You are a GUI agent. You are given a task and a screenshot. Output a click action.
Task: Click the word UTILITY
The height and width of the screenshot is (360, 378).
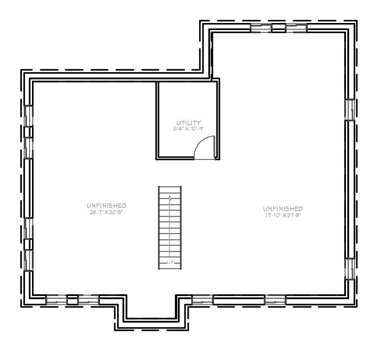pos(188,123)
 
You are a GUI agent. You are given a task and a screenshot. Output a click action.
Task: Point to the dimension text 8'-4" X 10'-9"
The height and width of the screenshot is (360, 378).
pos(188,129)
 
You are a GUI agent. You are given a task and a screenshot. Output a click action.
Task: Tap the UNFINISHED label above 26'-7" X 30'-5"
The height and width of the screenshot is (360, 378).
pos(106,206)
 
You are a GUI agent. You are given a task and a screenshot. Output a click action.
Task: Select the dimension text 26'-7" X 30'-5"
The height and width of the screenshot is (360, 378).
pos(106,212)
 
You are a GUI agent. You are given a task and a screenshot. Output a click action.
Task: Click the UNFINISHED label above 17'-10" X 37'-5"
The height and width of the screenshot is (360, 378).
pos(283,208)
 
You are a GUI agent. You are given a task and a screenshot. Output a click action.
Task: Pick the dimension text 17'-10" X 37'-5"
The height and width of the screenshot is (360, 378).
pos(283,215)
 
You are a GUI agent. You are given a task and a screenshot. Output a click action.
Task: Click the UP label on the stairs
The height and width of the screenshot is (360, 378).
pos(170,262)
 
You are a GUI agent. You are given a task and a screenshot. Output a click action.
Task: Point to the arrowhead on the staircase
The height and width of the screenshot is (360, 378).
pos(170,198)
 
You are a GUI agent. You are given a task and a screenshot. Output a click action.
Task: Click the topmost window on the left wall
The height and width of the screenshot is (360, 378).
pos(28,116)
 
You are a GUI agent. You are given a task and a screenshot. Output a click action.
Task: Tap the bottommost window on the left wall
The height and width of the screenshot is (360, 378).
pos(28,260)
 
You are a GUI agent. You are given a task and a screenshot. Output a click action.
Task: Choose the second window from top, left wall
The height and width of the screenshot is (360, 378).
pos(28,148)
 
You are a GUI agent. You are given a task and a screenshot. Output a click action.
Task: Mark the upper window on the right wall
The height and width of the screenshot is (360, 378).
pos(350,109)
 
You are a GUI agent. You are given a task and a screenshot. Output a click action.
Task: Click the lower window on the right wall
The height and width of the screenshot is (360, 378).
pos(350,269)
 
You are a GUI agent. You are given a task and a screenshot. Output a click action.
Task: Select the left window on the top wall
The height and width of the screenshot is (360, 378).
pos(261,28)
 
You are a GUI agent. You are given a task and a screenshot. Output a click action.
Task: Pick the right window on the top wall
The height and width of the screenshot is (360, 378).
pos(297,28)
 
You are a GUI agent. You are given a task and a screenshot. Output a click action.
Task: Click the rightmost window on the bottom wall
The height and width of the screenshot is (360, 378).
pos(275,300)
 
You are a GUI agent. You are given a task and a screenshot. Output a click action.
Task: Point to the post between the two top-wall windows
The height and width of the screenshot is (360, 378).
pos(279,28)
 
